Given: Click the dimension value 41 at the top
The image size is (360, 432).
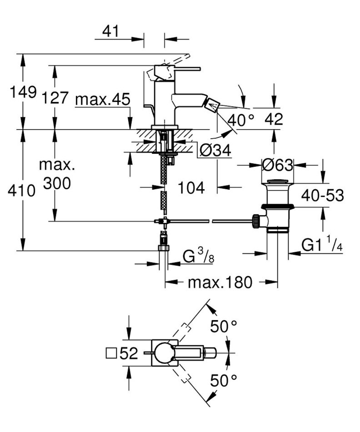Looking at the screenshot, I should coord(110,31).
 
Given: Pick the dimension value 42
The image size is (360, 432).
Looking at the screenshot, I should coord(274,119).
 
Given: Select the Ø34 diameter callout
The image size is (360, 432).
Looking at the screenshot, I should coord(215,150).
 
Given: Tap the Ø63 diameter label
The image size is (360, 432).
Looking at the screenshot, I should coord(278,165).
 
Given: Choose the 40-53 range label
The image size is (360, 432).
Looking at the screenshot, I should coord(322,196).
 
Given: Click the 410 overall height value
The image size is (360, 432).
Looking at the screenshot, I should coord(21,191).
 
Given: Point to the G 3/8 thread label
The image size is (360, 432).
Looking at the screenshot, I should coord(198,257).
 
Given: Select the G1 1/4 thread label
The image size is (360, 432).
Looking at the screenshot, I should coord(322,246).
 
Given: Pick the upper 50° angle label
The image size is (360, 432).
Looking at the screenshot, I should coord(224,326).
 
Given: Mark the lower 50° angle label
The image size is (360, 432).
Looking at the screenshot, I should coord(224,381).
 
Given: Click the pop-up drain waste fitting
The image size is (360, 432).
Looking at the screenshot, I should coord(277,207).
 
